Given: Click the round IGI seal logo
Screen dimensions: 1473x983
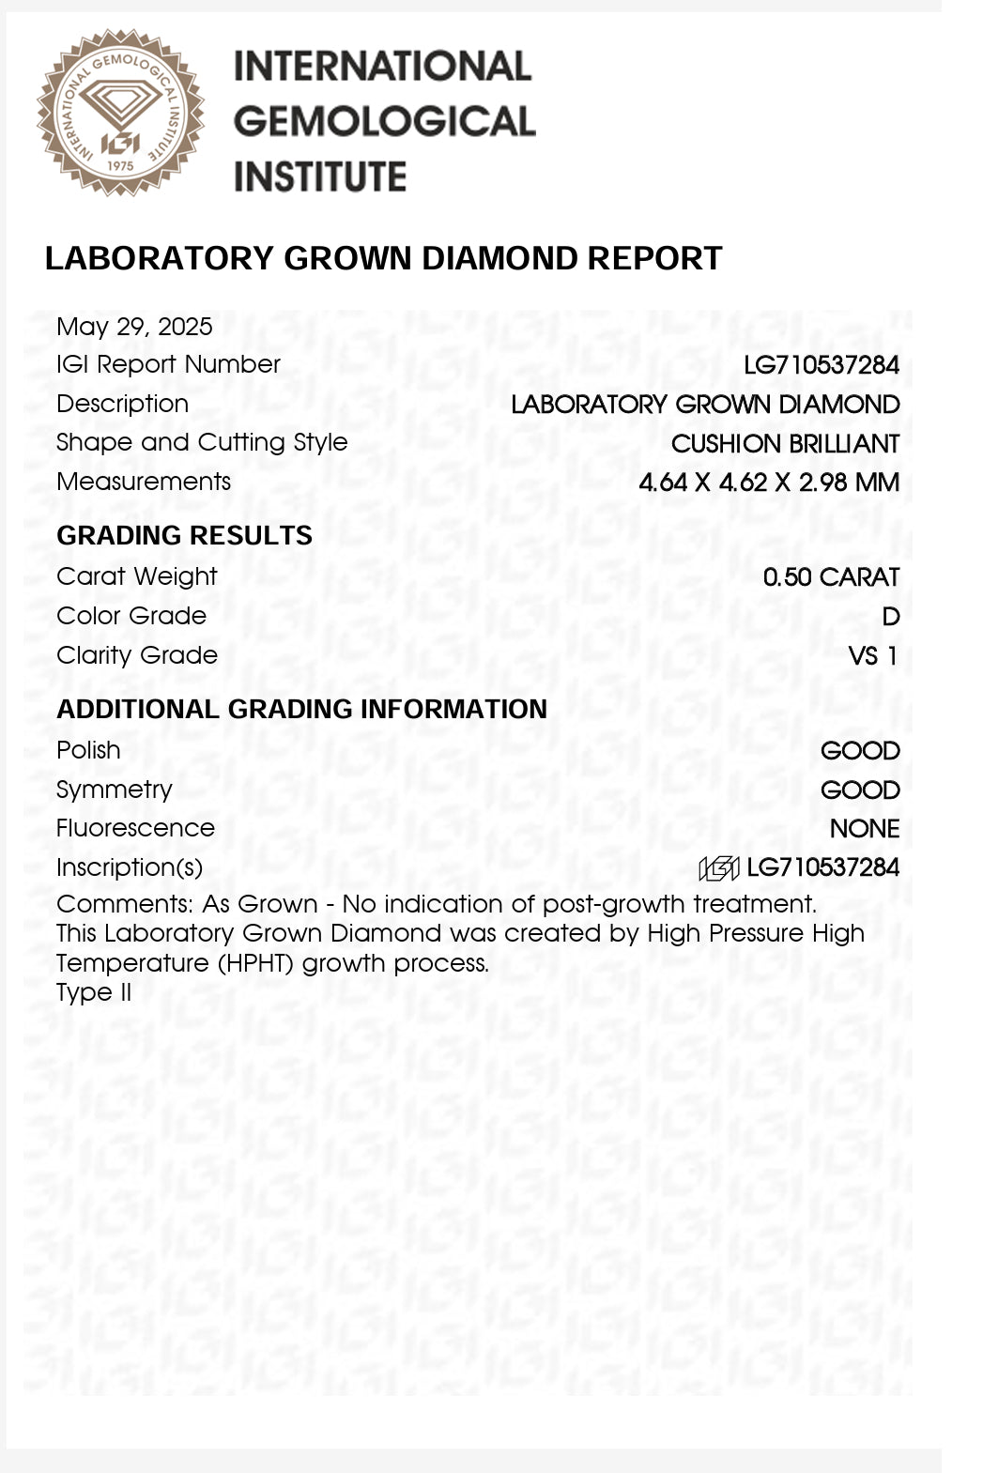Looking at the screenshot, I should coord(120,113).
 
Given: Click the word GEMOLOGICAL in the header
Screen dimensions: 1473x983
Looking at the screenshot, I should coord(384,121).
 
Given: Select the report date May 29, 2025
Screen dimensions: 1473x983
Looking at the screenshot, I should coord(134,327).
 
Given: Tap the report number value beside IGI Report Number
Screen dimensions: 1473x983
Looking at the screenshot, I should coord(822,365).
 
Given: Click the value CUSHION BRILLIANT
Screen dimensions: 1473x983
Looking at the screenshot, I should coord(785,443).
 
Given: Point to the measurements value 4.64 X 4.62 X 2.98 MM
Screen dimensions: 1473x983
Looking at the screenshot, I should coord(769,483).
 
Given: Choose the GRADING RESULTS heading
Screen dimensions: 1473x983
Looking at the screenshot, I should coord(184,535).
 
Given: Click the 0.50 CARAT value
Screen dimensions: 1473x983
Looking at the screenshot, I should coord(831,577).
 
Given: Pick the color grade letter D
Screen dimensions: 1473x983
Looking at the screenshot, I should coord(890,617).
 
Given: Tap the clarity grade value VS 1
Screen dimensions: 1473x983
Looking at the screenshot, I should coord(872,656).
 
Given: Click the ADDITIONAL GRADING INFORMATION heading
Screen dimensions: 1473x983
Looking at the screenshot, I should coord(301,709).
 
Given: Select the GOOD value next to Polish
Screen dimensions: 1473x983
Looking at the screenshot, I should coord(860,751).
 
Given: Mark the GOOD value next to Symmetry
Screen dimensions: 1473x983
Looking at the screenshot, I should coord(860,790).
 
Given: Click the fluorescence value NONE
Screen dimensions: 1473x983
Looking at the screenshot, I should coord(865,829).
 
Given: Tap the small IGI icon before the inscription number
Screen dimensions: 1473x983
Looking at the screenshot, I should coord(719,868).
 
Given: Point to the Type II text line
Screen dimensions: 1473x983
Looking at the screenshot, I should coord(94,992).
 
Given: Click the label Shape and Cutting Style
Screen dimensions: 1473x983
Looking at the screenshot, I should coord(202,442).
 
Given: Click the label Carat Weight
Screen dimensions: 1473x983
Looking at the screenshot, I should coord(136,576).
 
